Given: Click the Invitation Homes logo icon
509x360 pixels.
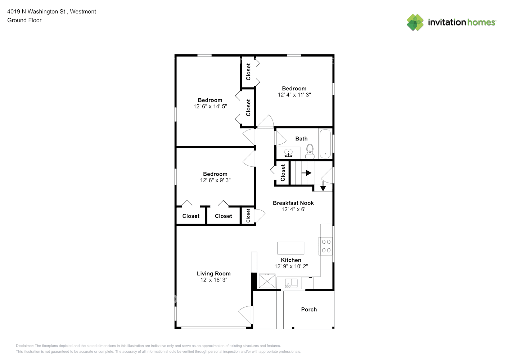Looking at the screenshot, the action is click(415, 22).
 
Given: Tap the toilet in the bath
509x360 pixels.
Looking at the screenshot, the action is click(310, 152).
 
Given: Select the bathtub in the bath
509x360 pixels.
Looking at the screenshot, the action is click(325, 144).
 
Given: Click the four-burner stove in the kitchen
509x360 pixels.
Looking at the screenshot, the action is click(326, 246).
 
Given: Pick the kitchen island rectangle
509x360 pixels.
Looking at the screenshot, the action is click(290, 248).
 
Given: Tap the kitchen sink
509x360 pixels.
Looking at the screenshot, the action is click(291, 283).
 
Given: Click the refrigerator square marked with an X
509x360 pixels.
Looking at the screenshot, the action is click(267, 281).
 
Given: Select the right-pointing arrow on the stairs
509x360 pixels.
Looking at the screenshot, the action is click(306, 173).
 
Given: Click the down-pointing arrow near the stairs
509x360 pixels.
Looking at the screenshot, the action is click(323, 186).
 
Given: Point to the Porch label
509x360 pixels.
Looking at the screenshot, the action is click(309, 309).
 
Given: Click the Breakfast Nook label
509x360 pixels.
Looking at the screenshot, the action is click(293, 203).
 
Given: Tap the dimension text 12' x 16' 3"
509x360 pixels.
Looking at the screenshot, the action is click(213, 280).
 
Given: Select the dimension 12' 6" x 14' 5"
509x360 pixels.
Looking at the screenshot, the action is click(210, 106).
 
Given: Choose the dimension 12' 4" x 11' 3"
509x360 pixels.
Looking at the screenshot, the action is click(294, 95).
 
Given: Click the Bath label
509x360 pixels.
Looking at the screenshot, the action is click(301, 139).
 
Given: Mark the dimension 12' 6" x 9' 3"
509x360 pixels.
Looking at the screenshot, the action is click(215, 180).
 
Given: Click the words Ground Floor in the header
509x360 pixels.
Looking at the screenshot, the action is click(24, 20).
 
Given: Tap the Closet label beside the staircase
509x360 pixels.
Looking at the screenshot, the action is click(283, 173).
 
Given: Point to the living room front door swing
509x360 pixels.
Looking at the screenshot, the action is click(246, 315).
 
